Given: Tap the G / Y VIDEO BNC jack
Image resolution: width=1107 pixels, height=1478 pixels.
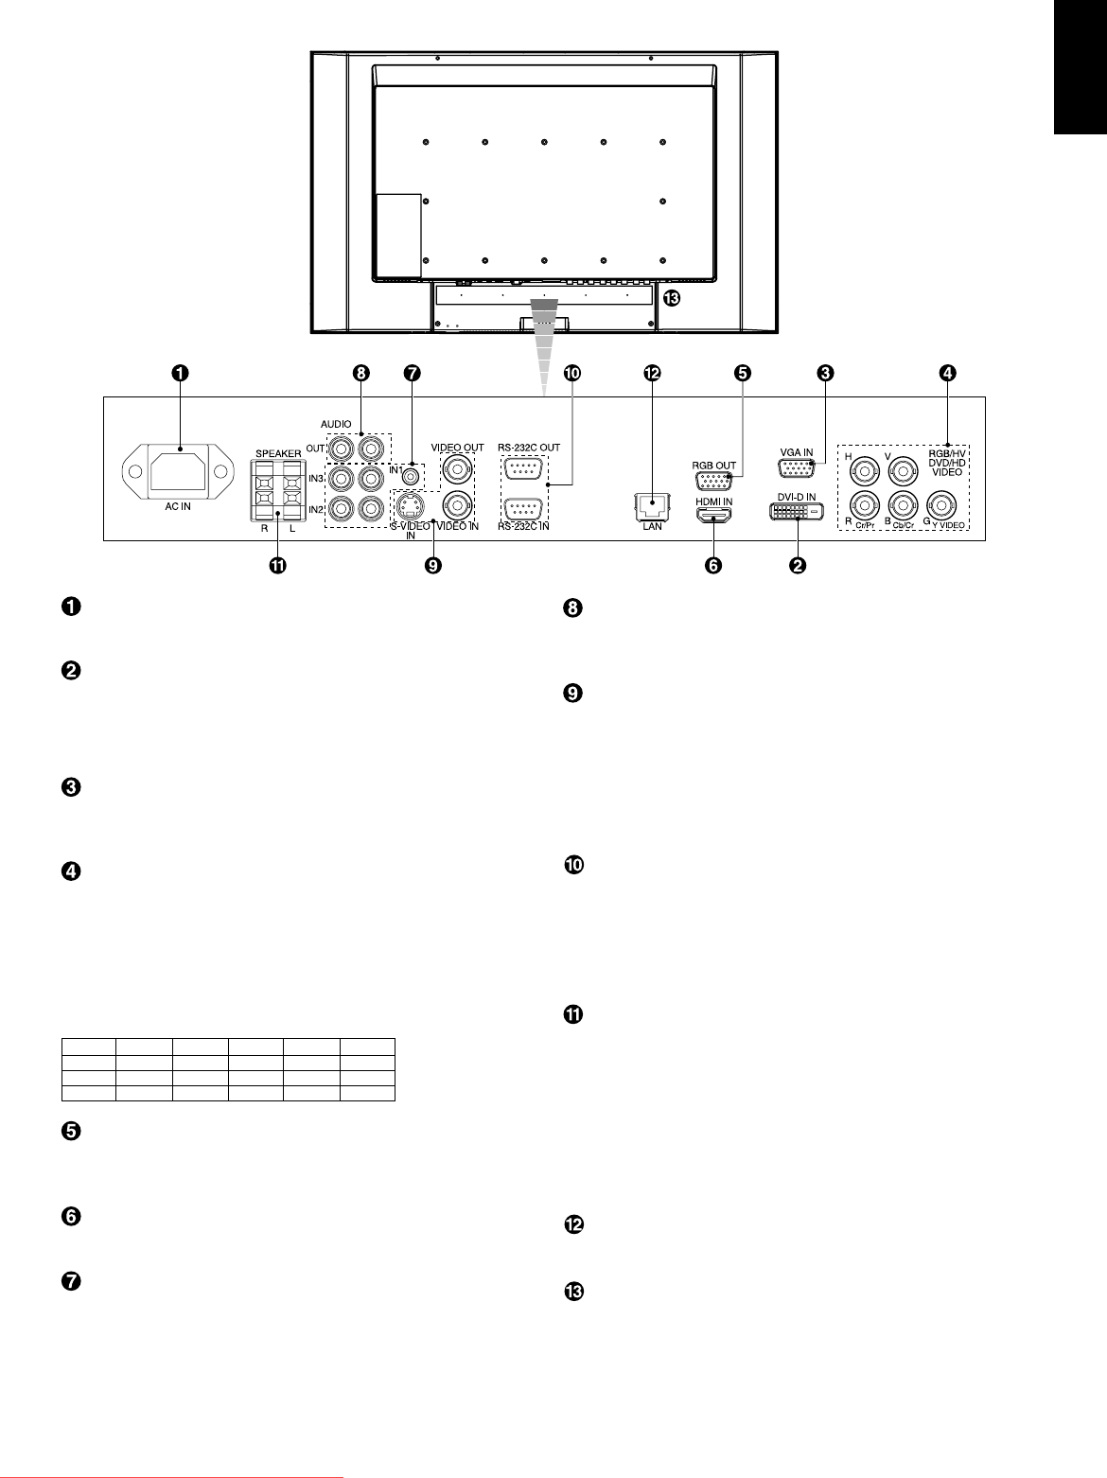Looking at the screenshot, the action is (940, 504).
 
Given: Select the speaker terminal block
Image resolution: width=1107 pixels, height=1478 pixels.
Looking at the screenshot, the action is (277, 489).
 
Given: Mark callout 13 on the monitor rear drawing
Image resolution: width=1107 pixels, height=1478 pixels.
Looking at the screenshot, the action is (672, 298).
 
